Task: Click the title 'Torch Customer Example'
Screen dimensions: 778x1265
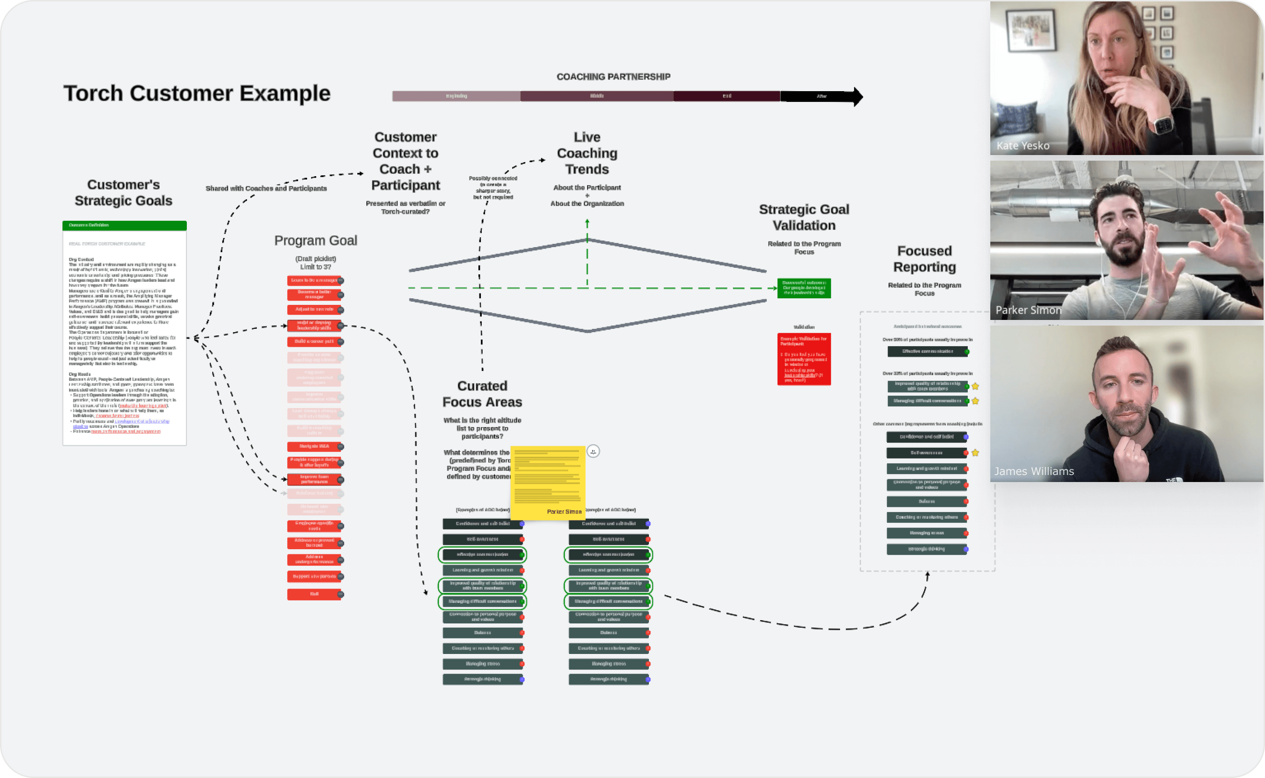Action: point(196,93)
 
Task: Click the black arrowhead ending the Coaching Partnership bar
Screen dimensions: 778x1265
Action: point(857,96)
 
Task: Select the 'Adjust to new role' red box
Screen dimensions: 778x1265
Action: point(314,309)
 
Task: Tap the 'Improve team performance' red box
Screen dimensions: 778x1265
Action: point(314,479)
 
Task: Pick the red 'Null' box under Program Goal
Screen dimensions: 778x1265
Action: point(314,594)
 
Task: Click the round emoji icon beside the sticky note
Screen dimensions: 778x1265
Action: point(593,451)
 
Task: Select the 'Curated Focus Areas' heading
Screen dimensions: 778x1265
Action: point(482,394)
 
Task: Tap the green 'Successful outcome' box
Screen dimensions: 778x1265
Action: point(804,288)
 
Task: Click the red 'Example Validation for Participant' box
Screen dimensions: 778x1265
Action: point(804,358)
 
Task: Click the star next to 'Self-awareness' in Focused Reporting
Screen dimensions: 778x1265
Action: point(975,453)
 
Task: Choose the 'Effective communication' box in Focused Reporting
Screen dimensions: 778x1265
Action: point(927,351)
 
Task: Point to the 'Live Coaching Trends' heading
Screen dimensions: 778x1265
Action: point(587,153)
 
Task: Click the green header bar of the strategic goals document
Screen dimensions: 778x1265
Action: point(124,226)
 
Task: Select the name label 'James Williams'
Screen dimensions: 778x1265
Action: point(1034,471)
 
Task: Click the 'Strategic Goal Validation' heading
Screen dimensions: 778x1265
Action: point(804,217)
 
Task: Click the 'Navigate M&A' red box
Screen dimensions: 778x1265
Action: point(314,446)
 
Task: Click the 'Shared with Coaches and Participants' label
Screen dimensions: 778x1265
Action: point(266,188)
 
